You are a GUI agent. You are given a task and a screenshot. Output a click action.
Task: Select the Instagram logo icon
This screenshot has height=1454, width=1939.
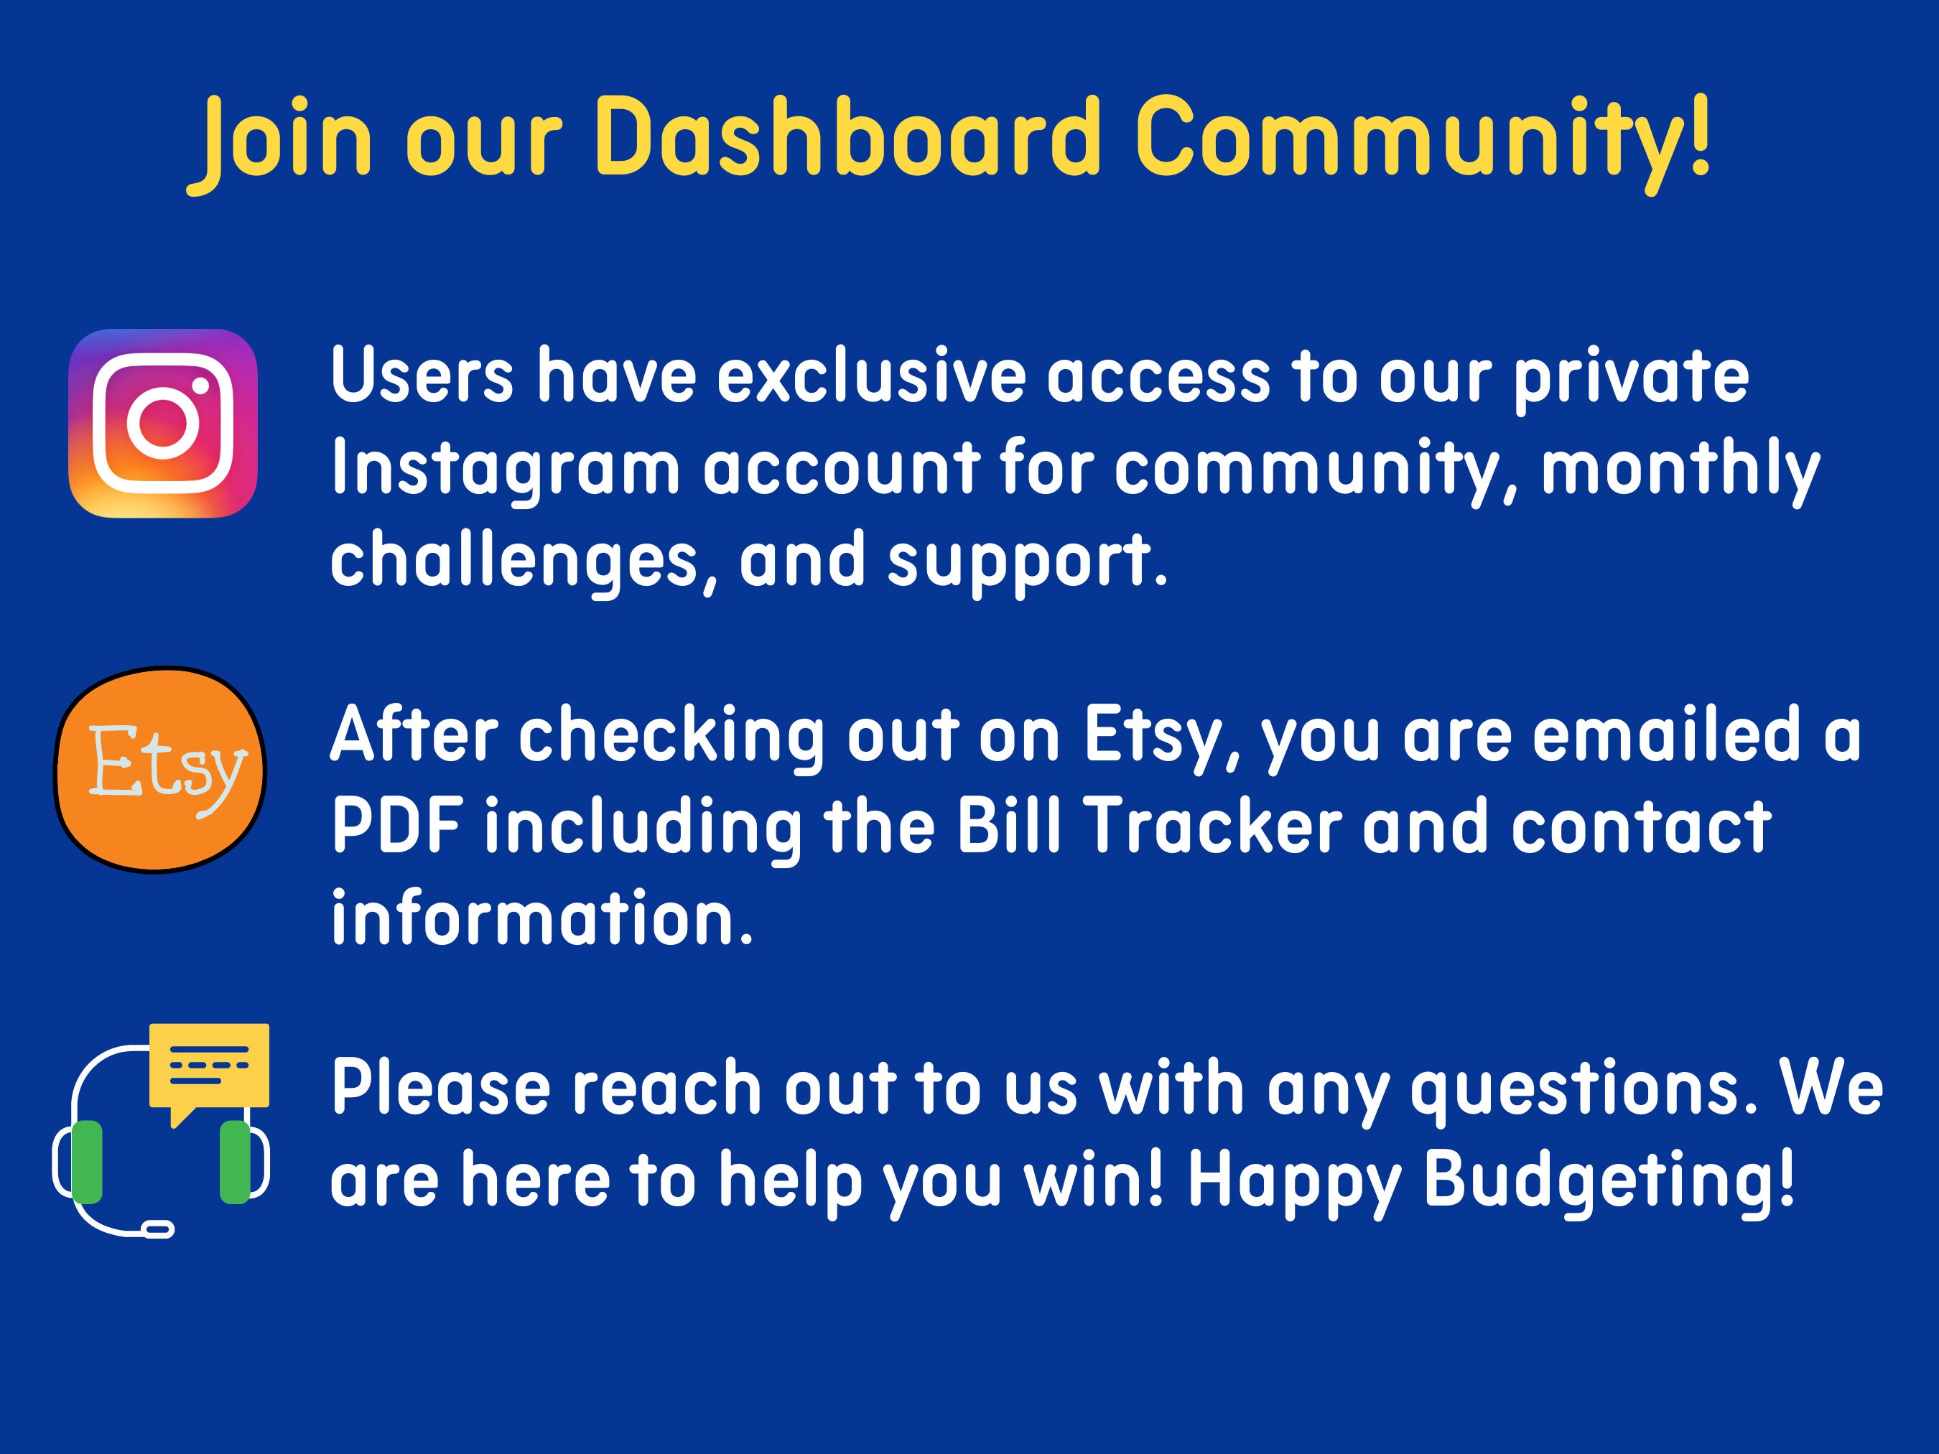163,424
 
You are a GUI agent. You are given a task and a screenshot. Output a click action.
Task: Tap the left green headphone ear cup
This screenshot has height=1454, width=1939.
86,1161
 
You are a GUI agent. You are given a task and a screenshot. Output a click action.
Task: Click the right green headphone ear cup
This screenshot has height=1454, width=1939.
234,1161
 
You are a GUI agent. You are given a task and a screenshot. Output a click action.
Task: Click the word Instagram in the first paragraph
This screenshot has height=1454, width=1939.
506,469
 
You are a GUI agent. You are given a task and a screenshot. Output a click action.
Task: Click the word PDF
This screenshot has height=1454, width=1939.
397,826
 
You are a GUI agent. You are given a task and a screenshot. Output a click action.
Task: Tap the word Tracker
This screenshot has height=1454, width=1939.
1214,826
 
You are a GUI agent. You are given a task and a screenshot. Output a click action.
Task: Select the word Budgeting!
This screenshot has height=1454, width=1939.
1609,1181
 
